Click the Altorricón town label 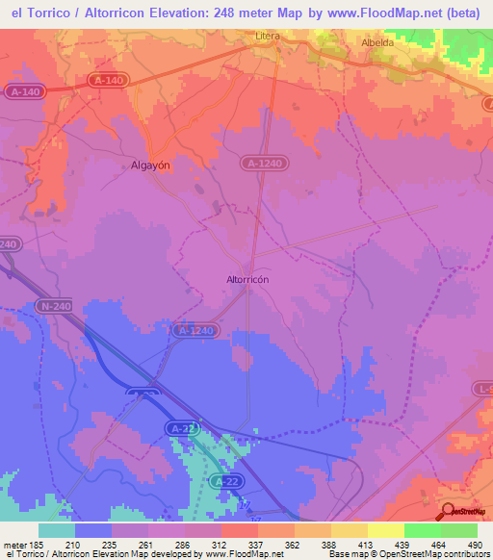(246, 279)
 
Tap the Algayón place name (150, 165)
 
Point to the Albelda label (376, 43)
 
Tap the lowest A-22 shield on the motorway (225, 480)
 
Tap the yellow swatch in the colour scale (386, 530)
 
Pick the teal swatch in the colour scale (57, 530)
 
